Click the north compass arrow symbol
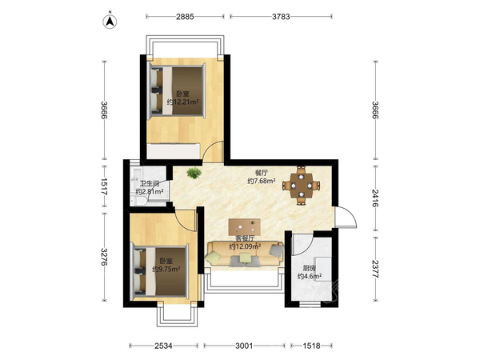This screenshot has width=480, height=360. click(x=110, y=21)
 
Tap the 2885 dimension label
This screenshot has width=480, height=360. click(x=185, y=17)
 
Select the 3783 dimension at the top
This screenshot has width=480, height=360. click(x=281, y=17)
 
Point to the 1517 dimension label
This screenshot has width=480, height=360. click(x=104, y=186)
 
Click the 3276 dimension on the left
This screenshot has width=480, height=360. click(x=104, y=257)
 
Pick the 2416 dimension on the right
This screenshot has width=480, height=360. click(x=375, y=198)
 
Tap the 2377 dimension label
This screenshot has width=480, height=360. click(x=375, y=269)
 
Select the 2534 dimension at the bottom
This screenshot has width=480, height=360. click(x=163, y=346)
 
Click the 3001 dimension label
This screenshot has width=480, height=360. click(x=244, y=346)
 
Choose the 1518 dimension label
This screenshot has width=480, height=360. click(x=312, y=346)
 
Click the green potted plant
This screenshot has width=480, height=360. click(x=194, y=173)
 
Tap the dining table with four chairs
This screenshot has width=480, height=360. click(x=302, y=186)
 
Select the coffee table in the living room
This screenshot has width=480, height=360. click(x=244, y=227)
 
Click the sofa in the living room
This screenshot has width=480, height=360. click(x=245, y=254)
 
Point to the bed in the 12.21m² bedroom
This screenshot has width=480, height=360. click(x=176, y=91)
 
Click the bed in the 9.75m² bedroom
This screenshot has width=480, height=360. click(x=160, y=271)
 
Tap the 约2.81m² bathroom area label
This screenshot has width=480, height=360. click(x=150, y=192)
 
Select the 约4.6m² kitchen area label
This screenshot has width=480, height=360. click(x=310, y=277)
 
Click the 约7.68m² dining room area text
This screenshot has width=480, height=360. click(x=261, y=181)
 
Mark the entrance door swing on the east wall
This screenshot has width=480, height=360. click(x=346, y=217)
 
